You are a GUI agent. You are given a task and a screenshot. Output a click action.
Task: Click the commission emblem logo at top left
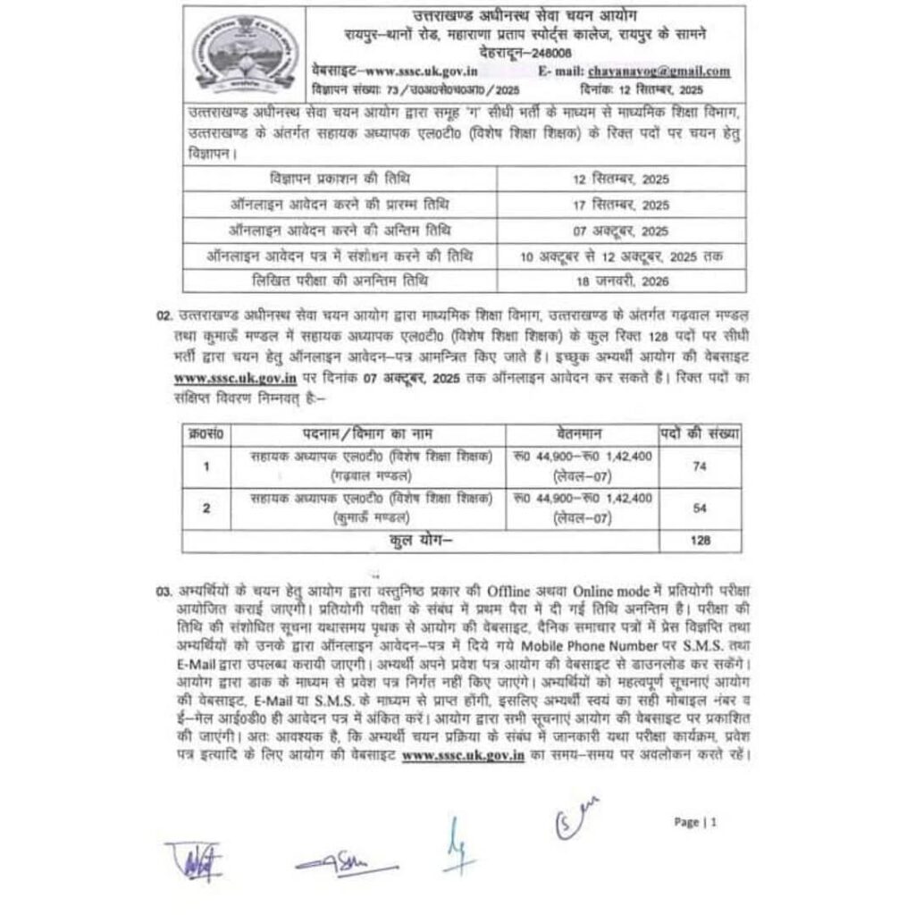coord(243,51)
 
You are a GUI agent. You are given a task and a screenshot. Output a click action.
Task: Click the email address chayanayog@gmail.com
coord(658,71)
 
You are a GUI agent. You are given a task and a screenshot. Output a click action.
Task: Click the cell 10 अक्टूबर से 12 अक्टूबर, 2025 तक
coord(621,256)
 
